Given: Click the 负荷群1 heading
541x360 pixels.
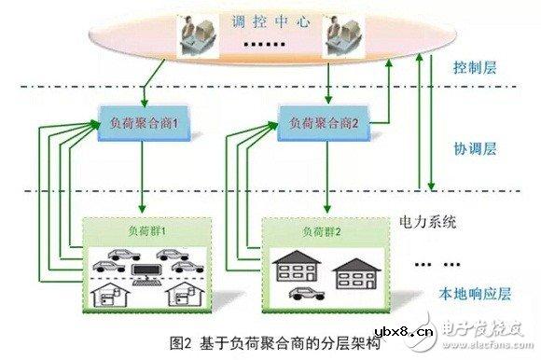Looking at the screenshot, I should coord(144,228).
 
